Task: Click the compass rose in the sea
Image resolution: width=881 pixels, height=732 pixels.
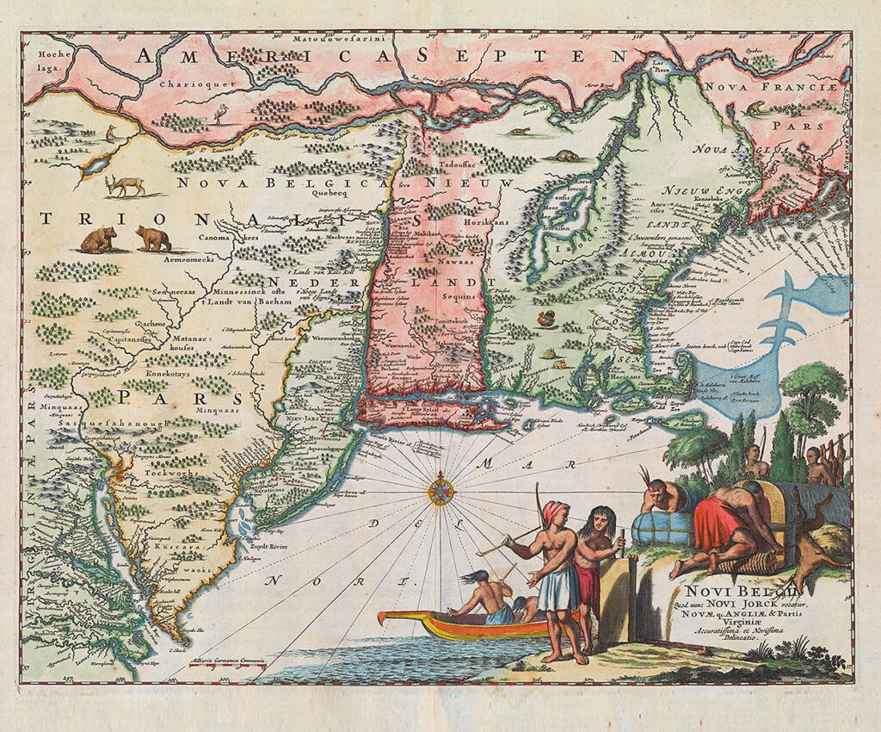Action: click(441, 492)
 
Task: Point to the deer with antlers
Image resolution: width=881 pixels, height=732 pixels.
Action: click(126, 185)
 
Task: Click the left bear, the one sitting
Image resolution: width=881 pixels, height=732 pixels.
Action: click(99, 239)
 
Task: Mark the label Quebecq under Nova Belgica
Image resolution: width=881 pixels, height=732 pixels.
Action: click(371, 195)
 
